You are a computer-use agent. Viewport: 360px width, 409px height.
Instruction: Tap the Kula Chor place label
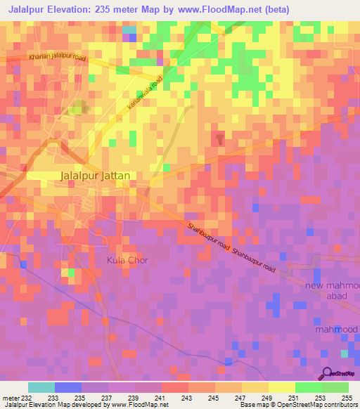pos(127,260)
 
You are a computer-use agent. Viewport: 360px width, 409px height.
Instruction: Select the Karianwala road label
pos(144,93)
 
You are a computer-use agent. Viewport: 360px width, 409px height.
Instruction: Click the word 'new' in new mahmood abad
pos(315,285)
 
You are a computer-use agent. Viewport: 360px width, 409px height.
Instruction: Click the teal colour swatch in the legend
pos(41,387)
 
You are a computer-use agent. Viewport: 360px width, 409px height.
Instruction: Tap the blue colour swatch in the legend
pos(68,387)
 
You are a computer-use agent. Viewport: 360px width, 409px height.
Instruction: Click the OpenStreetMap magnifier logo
pos(327,372)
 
